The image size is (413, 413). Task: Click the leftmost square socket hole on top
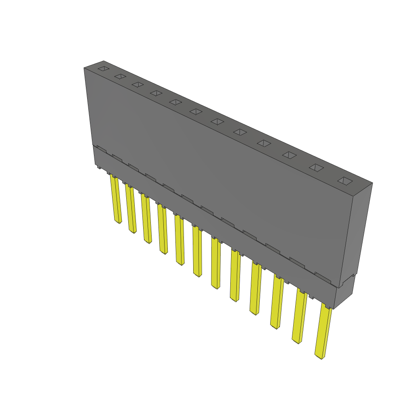pyautogui.click(x=104, y=69)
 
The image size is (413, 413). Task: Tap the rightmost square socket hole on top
pyautogui.click(x=345, y=181)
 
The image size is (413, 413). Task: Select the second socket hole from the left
pyautogui.click(x=120, y=76)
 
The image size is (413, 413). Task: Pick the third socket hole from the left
pyautogui.click(x=138, y=84)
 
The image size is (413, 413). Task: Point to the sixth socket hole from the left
pyautogui.click(x=196, y=111)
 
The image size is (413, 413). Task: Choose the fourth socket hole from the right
pyautogui.click(x=264, y=143)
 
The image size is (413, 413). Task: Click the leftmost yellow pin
pyautogui.click(x=116, y=200)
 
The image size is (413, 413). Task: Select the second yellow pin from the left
pyautogui.click(x=130, y=209)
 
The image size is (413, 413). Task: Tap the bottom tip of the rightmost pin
pyautogui.click(x=320, y=357)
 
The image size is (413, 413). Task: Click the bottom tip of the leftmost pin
pyautogui.click(x=118, y=222)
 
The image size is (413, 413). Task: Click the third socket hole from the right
pyautogui.click(x=289, y=155)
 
